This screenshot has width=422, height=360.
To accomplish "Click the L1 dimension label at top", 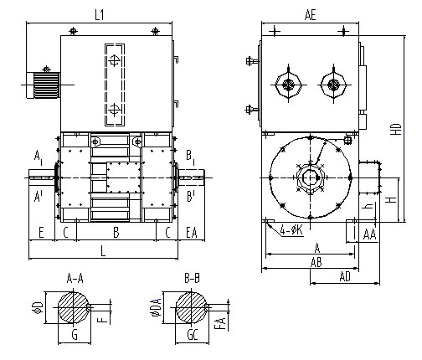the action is (x=100, y=14).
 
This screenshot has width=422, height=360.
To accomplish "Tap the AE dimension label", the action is (x=310, y=14).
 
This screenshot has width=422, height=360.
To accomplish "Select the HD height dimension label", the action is (x=395, y=130).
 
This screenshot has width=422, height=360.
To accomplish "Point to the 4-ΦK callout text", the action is (x=291, y=231).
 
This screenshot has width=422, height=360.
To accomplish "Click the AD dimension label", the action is (x=345, y=277).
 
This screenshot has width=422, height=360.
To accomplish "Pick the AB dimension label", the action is (x=316, y=262).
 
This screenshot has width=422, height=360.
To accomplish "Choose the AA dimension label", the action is (x=370, y=234).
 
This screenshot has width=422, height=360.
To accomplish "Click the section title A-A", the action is (x=75, y=279).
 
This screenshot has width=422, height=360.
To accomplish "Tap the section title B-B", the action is (x=192, y=279).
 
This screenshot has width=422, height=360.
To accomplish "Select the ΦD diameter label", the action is (x=39, y=307).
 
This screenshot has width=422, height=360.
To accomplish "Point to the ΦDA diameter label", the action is (x=157, y=308).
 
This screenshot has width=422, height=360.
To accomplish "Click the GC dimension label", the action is (x=193, y=335).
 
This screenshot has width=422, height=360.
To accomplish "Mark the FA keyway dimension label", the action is (x=221, y=324).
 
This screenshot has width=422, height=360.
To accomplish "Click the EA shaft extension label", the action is (x=192, y=233).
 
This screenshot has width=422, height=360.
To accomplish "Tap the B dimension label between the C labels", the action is (x=116, y=233).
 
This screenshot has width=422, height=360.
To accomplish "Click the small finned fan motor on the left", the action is (x=44, y=85).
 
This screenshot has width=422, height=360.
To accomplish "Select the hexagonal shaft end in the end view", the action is (x=311, y=177).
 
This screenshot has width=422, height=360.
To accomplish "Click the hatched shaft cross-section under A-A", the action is (x=74, y=308).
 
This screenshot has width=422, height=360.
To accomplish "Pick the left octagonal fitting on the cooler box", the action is (x=288, y=85).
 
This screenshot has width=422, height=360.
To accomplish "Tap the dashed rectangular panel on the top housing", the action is (x=115, y=85).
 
